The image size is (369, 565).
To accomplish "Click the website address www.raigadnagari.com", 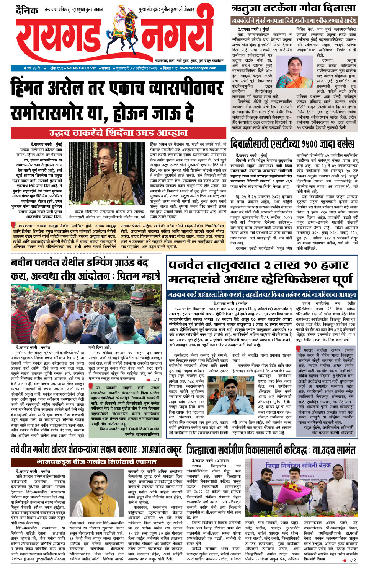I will pos(198,68).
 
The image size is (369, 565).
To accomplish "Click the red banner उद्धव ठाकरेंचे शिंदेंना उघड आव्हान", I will pos(118,133).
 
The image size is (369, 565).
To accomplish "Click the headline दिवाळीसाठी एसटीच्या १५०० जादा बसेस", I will pos(292,144).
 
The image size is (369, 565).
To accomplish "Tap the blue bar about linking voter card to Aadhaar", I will pos(262,295).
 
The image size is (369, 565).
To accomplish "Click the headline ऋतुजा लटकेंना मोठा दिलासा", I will pos(294,8).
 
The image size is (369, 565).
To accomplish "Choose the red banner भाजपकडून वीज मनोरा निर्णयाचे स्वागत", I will pos(97,462).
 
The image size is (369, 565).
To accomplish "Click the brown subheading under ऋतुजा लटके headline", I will pos(294,21).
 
